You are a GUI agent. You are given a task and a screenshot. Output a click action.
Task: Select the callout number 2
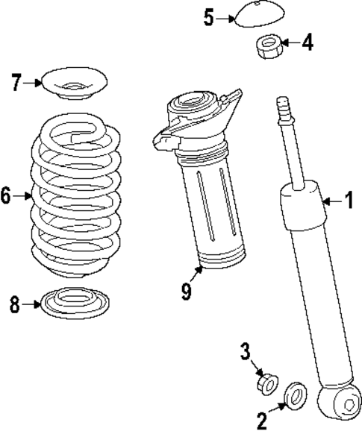coord(262,423)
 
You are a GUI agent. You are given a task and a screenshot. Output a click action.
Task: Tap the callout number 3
coord(246,350)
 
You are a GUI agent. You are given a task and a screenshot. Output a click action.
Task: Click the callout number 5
coord(210,17)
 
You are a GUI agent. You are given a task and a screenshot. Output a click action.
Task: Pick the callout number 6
coord(6,196)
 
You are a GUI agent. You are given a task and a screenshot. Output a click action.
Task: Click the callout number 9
coord(187,290)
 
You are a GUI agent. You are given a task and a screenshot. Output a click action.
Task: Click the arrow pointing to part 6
coord(25,197)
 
